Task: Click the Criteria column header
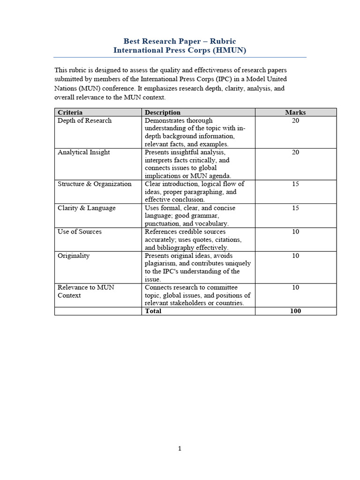pyautogui.click(x=70, y=112)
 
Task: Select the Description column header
pyautogui.click(x=162, y=112)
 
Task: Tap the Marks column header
pyautogui.click(x=295, y=112)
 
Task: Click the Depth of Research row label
pyautogui.click(x=84, y=120)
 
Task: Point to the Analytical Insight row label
pyautogui.click(x=83, y=152)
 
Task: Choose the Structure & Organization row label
pyautogui.click(x=94, y=184)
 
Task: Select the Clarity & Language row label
pyautogui.click(x=86, y=208)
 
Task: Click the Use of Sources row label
pyautogui.click(x=79, y=232)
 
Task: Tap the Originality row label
pyautogui.click(x=73, y=255)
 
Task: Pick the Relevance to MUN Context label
pyautogui.click(x=85, y=291)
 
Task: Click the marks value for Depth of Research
pyautogui.click(x=295, y=120)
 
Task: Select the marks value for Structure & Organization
pyautogui.click(x=295, y=184)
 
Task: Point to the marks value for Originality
pyautogui.click(x=295, y=255)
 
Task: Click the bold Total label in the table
pyautogui.click(x=153, y=311)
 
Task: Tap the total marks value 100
pyautogui.click(x=295, y=311)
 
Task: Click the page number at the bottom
pyautogui.click(x=180, y=449)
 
